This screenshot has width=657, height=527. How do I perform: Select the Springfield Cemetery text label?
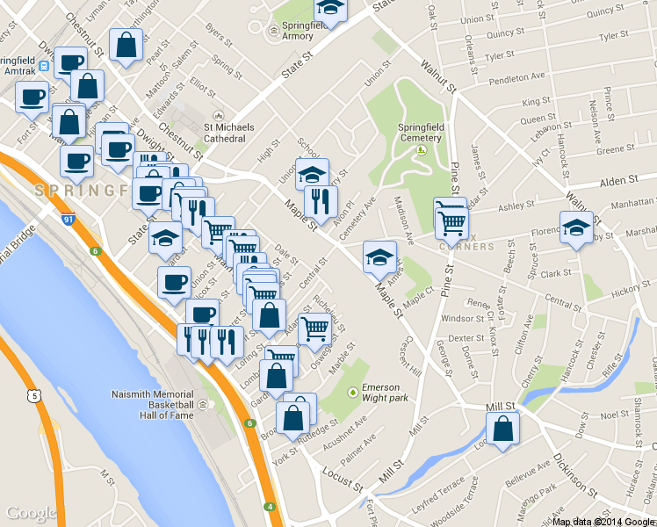coord(421,133)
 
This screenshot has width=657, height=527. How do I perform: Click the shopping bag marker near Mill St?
coord(502,430)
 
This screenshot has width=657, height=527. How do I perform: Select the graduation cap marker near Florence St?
coord(576,227)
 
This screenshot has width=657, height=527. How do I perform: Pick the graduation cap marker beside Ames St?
coord(379,256)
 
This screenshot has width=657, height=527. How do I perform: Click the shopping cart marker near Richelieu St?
coord(314,328)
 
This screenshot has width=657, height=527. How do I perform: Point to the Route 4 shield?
coord(271,507)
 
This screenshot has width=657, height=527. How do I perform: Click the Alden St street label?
coord(617,181)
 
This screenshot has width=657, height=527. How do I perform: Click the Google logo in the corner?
coord(31,513)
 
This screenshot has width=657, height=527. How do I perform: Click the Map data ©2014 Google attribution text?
coord(603,521)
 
